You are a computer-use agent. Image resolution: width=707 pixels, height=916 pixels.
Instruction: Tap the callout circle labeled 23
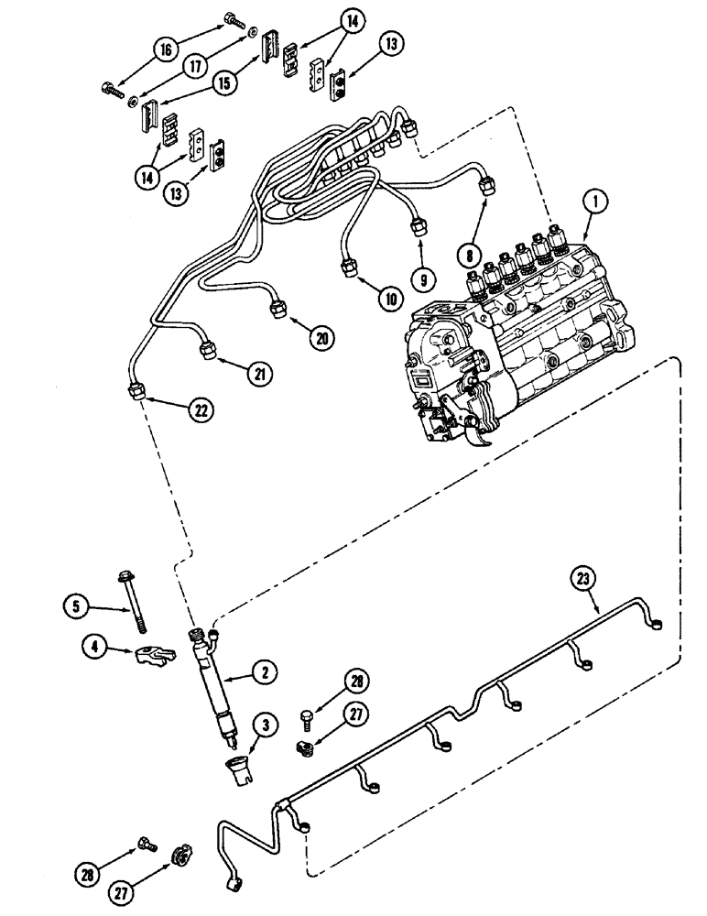(x=582, y=578)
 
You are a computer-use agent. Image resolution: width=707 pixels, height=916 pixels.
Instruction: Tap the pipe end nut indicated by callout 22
(x=136, y=391)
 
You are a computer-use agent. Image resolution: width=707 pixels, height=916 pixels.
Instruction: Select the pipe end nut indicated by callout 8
(x=488, y=190)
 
